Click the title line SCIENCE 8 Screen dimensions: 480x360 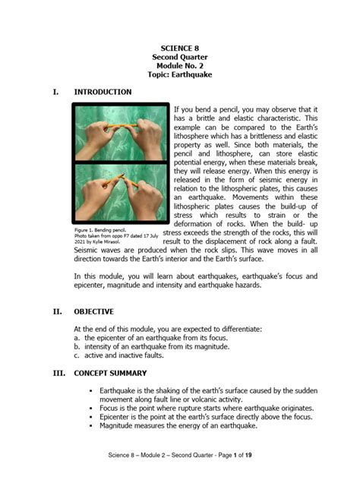(x=180, y=47)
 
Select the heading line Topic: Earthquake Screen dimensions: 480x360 (x=180, y=76)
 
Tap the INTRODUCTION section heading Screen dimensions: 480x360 (x=103, y=93)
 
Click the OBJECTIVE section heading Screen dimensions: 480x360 (x=94, y=311)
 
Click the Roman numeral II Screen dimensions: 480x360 (x=56, y=311)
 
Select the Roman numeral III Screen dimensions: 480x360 (x=58, y=374)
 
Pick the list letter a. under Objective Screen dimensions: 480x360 (x=77, y=337)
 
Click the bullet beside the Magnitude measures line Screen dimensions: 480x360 (x=91, y=426)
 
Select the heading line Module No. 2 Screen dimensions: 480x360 (x=180, y=66)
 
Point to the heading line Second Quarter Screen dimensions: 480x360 (x=180, y=57)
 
